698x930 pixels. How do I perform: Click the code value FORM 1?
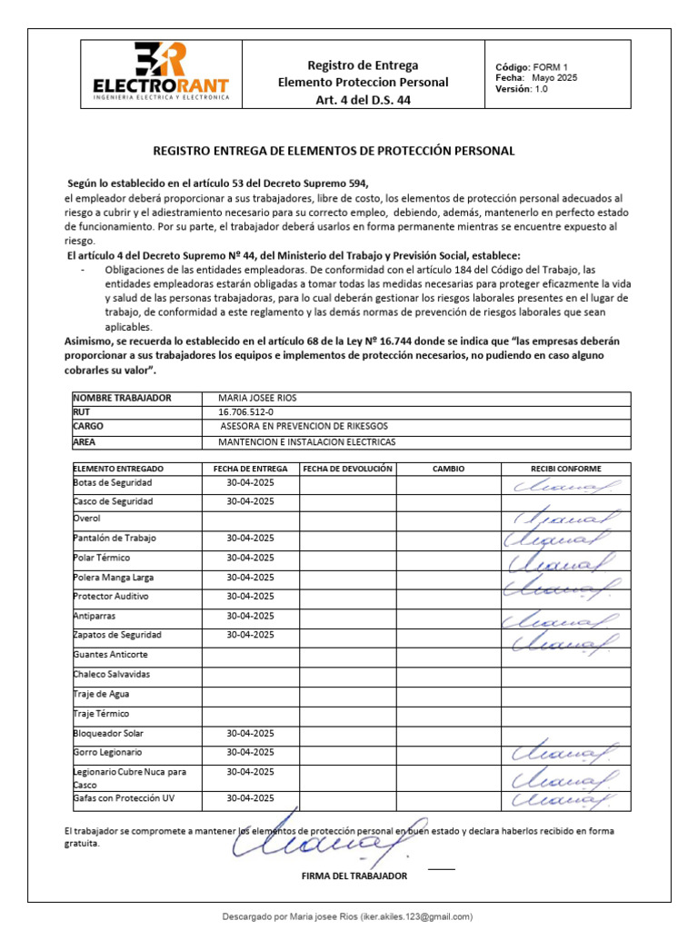[550, 67]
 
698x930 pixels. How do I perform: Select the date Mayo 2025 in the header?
[554, 78]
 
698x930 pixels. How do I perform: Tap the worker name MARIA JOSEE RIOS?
[257, 398]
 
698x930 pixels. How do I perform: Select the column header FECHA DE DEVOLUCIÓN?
[347, 469]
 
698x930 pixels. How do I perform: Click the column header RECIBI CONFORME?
[565, 469]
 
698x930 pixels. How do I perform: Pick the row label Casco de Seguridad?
[113, 501]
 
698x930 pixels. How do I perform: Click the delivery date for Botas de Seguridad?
[250, 482]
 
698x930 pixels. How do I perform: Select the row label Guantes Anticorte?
[110, 654]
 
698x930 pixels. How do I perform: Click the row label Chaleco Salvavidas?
[111, 674]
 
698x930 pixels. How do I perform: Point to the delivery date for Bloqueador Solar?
[250, 733]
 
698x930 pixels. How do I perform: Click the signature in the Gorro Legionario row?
[565, 754]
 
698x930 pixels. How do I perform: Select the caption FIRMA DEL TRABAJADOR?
[354, 876]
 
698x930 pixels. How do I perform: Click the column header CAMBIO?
[448, 469]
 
